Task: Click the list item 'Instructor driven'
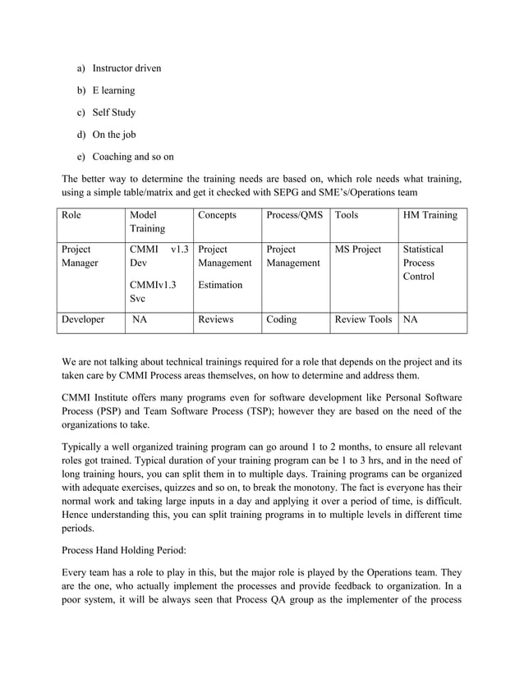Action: [x=126, y=68]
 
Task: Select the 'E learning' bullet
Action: [x=113, y=90]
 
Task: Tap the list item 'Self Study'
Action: [x=113, y=112]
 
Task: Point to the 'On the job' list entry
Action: [x=113, y=135]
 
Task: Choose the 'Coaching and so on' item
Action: [x=132, y=157]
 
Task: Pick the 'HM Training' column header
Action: [x=430, y=215]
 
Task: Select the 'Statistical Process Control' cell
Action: [x=424, y=263]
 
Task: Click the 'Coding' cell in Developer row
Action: [x=282, y=320]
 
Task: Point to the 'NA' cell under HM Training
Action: [x=410, y=320]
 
